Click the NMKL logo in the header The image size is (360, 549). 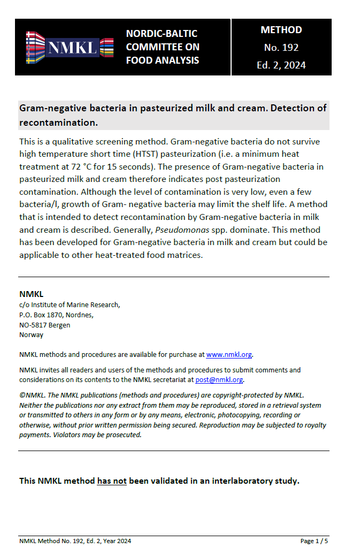(70, 47)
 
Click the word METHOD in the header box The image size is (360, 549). (281, 30)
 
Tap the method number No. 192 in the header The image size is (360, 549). (281, 48)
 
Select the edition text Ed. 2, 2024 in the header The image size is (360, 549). (281, 65)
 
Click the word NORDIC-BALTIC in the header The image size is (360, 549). (154, 34)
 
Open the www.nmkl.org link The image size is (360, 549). (229, 354)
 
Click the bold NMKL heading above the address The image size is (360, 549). (31, 294)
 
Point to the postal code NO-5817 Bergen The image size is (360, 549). (44, 325)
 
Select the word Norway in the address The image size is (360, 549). (31, 335)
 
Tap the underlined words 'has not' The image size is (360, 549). (112, 481)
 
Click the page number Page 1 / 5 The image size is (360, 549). (314, 541)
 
